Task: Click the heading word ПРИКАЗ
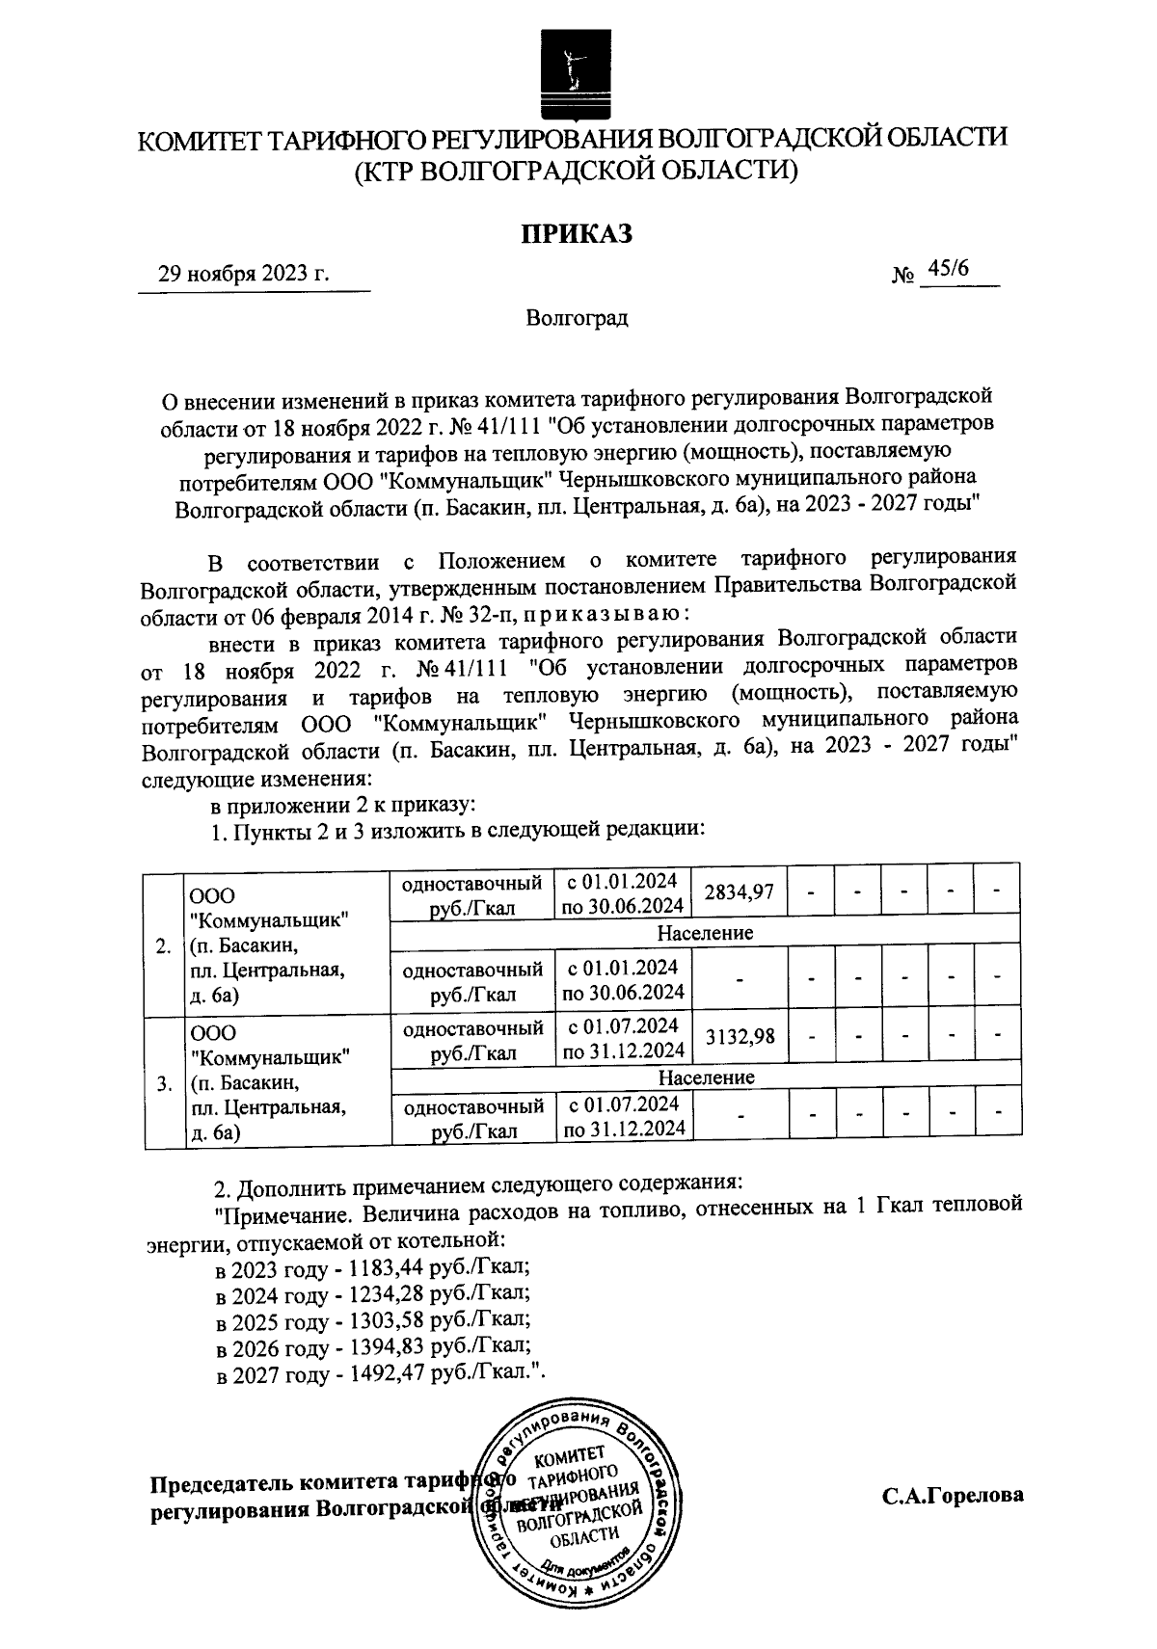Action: coord(577,234)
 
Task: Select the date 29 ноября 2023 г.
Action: coord(244,274)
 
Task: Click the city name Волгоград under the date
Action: coord(577,318)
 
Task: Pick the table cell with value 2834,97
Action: coord(740,893)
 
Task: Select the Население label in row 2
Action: coord(705,932)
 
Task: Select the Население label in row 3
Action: coord(705,1077)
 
